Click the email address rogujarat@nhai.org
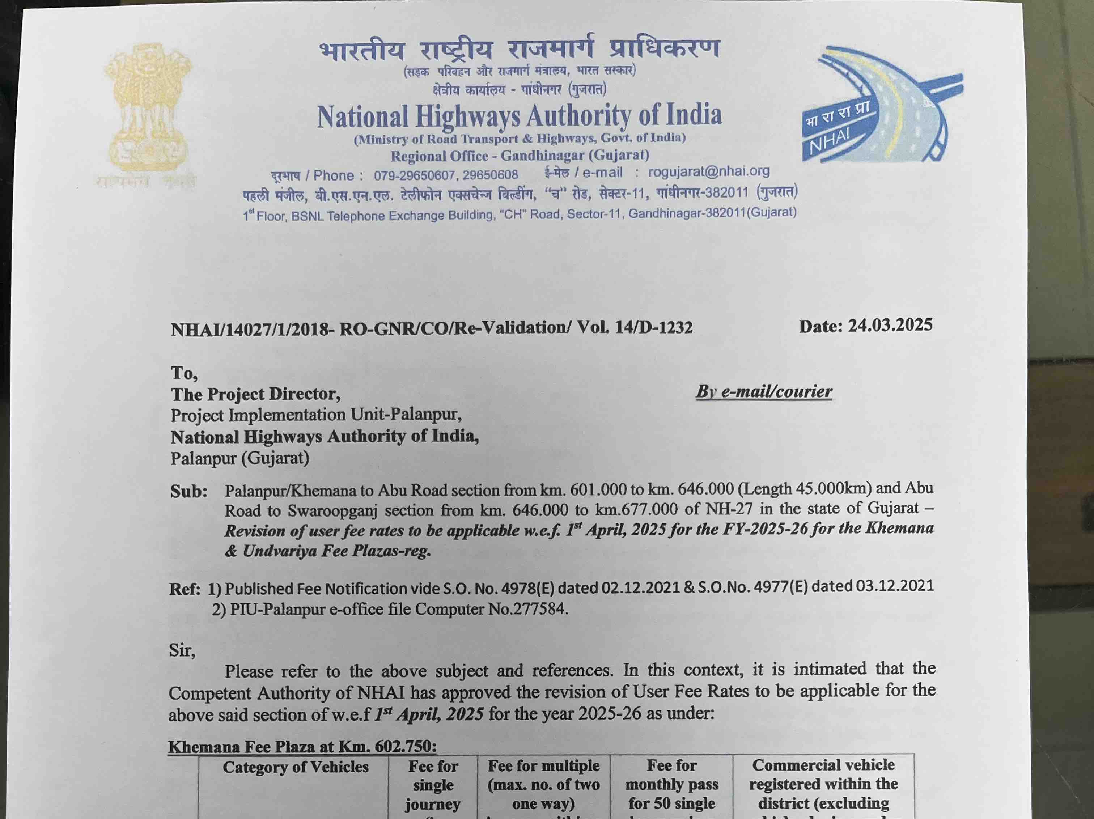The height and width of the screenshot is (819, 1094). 709,171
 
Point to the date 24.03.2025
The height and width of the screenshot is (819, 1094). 890,326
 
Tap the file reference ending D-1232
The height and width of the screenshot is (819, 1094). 431,328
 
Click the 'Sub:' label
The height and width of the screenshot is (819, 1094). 189,491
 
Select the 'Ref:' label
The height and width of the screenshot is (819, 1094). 185,589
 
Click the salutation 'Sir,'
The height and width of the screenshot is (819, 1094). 182,650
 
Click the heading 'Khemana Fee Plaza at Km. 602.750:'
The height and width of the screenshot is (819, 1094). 302,746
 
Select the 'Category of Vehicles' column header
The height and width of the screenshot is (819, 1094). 295,767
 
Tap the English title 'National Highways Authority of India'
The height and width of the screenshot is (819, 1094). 519,116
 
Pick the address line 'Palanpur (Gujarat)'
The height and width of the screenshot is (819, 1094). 240,458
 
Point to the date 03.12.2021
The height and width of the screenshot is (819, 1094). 894,586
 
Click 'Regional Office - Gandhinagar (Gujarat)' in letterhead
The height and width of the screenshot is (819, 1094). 519,156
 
